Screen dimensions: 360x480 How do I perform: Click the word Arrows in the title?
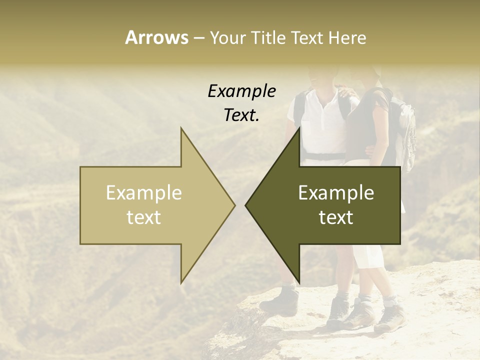pyautogui.click(x=156, y=37)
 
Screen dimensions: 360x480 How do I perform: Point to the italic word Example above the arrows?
pyautogui.click(x=241, y=91)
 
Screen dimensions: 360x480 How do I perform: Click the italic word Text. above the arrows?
pyautogui.click(x=241, y=115)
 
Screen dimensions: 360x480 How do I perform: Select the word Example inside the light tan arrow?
pyautogui.click(x=144, y=193)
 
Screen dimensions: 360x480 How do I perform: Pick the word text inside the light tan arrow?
pyautogui.click(x=144, y=217)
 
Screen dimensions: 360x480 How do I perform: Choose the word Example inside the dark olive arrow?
pyautogui.click(x=336, y=193)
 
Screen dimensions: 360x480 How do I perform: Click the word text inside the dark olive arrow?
pyautogui.click(x=336, y=217)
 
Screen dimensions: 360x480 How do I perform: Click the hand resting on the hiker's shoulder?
pyautogui.click(x=345, y=92)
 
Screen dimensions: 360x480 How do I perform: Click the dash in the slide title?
pyautogui.click(x=198, y=38)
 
